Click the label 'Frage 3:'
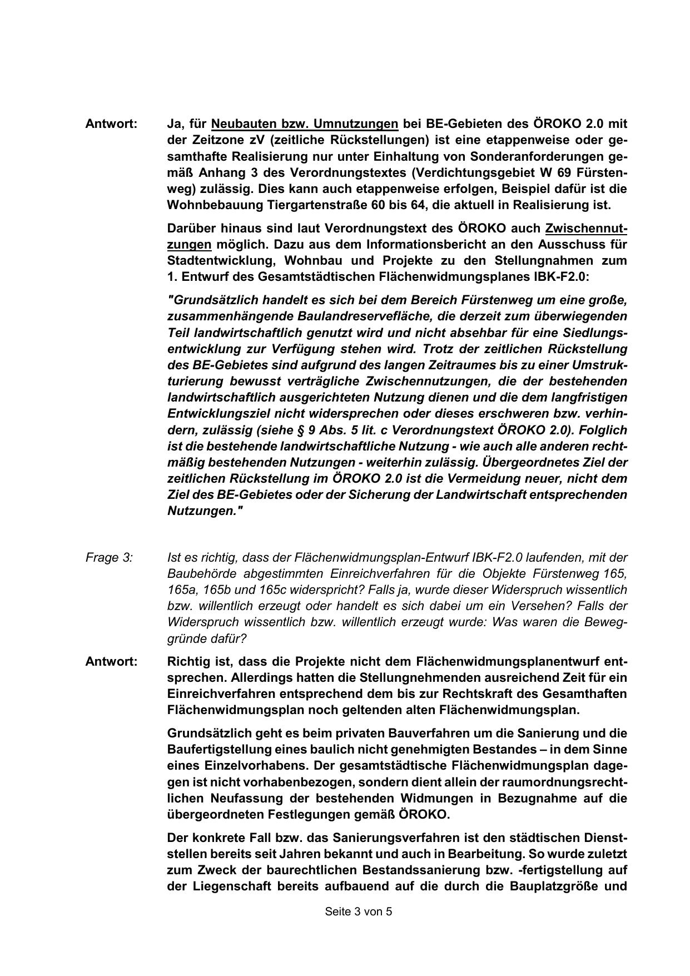tap(109, 557)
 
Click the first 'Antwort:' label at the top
tap(111, 123)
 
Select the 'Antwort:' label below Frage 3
tap(111, 662)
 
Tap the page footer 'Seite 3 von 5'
tap(359, 911)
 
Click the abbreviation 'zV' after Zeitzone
tap(258, 140)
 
